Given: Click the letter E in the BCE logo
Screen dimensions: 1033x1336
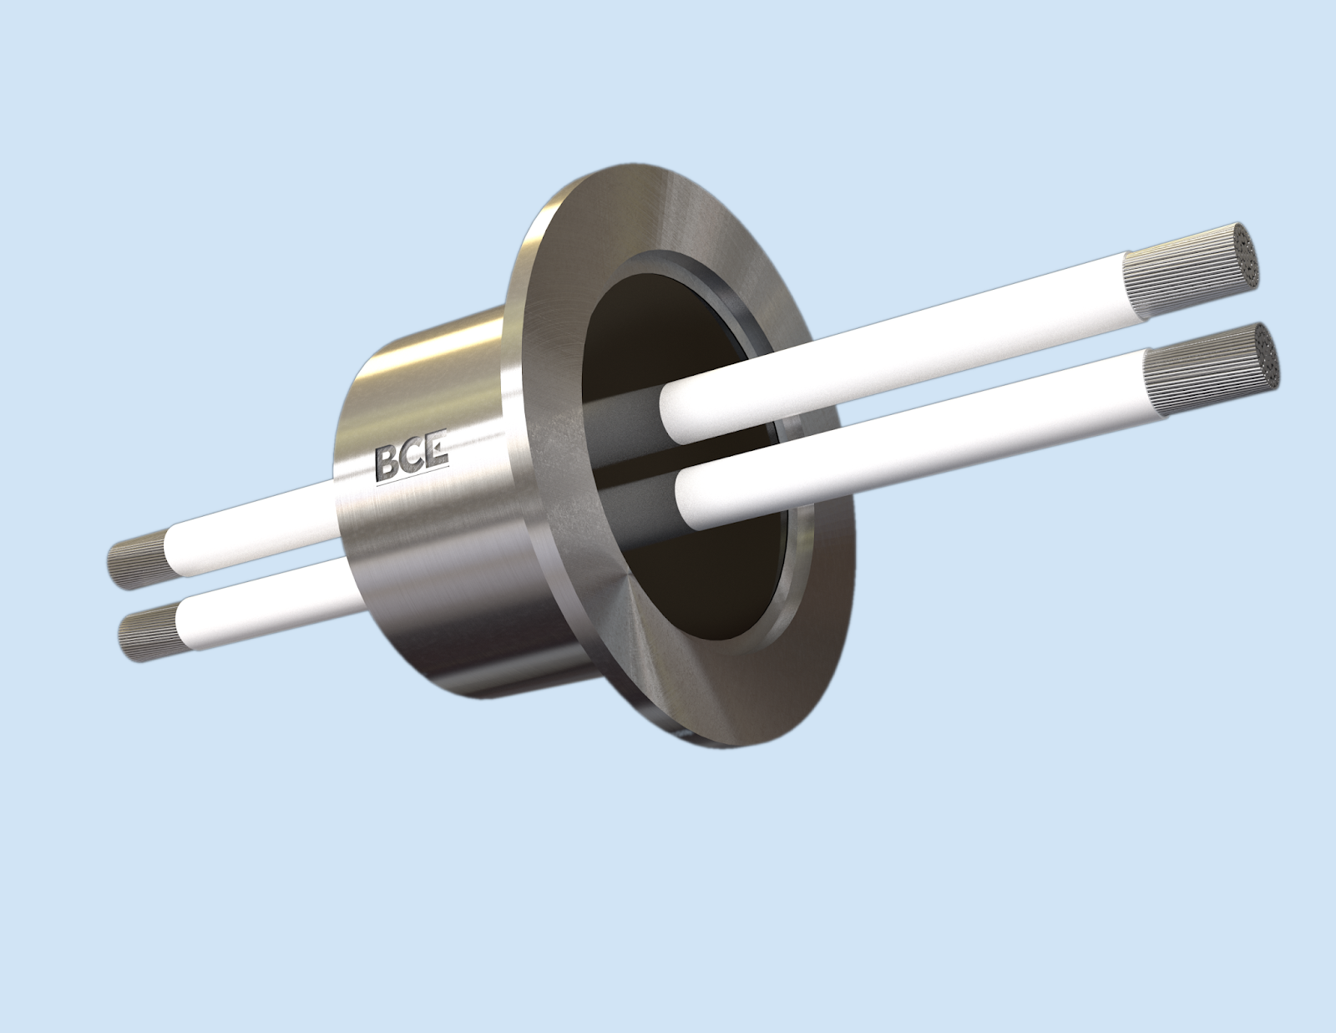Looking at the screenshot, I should point(437,454).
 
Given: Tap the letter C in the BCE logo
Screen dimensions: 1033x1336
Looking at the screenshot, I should point(414,459).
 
